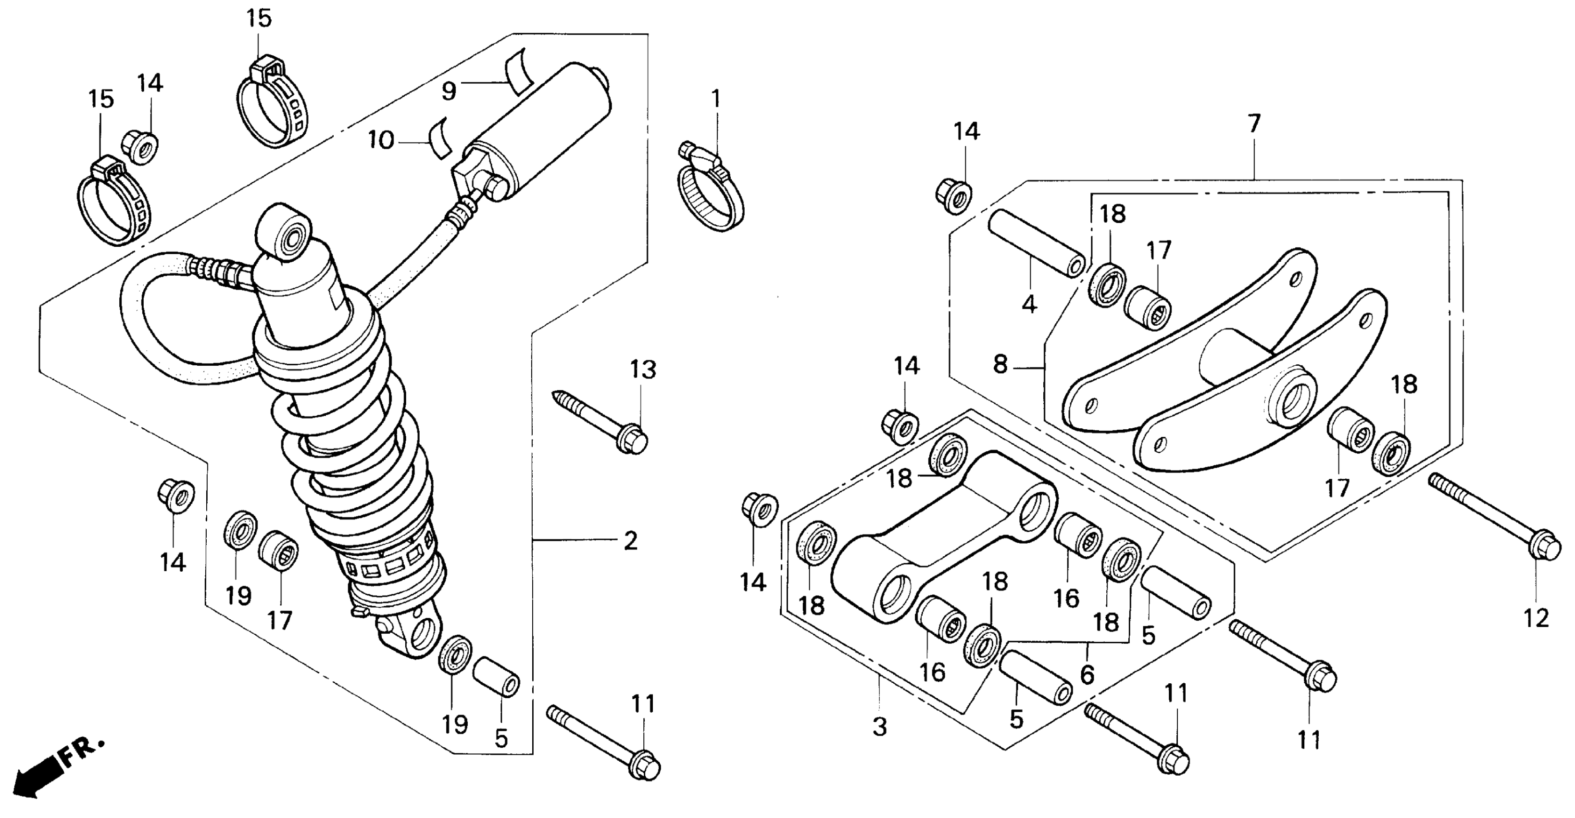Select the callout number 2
630,541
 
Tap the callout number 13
643,370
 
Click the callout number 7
1254,124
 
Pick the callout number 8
1000,365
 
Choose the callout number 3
879,727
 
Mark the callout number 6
1087,675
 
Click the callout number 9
449,91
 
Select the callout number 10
380,141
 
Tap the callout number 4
1030,304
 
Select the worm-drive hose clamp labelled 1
711,194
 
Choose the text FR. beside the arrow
82,752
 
